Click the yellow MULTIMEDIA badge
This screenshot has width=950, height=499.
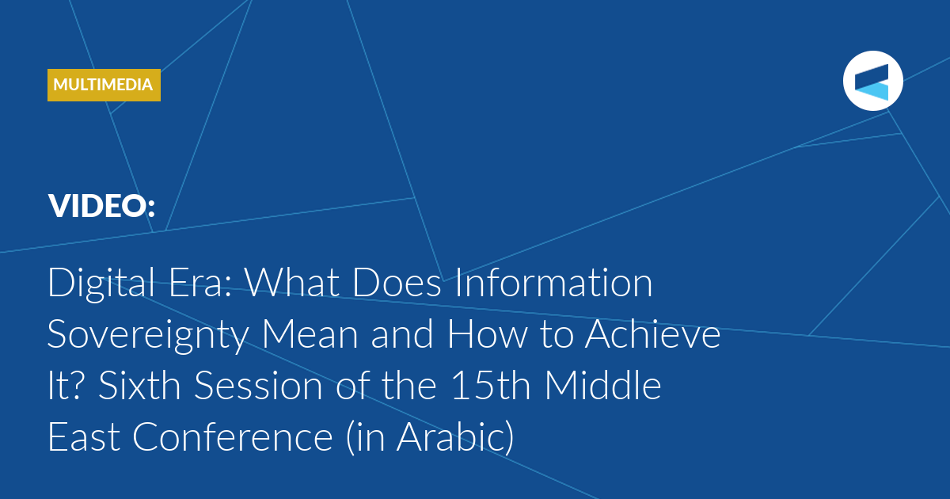click(104, 85)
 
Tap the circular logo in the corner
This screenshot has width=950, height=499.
click(872, 81)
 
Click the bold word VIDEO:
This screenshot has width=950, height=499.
click(102, 206)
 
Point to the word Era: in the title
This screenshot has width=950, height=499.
click(200, 283)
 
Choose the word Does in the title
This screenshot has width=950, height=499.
click(397, 282)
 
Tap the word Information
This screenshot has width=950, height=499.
click(553, 282)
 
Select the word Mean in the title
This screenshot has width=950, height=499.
click(310, 334)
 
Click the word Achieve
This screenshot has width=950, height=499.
click(652, 334)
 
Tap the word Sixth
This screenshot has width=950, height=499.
click(139, 385)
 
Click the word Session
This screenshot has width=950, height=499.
click(258, 385)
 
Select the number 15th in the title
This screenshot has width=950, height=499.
click(491, 385)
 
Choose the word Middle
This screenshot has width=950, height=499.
click(602, 385)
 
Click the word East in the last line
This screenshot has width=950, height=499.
click(84, 437)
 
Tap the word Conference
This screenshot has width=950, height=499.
click(233, 437)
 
